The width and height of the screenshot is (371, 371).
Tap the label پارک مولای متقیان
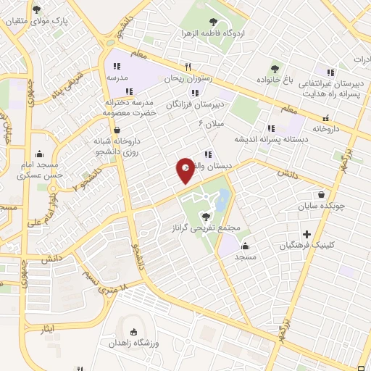coord(42,22)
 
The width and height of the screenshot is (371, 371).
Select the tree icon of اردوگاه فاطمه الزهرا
coord(212,22)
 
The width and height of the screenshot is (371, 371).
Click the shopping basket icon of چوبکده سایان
coord(321,193)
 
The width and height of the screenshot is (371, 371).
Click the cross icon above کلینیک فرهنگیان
coord(307,234)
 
